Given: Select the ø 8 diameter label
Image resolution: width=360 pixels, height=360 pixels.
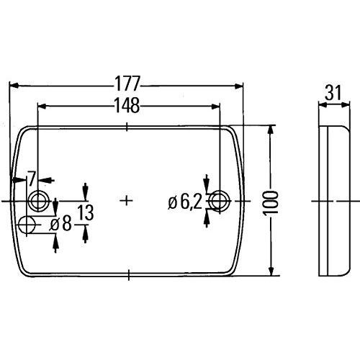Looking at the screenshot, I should pos(60,224).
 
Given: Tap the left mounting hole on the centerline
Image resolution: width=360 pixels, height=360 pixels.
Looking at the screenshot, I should pos(37,199).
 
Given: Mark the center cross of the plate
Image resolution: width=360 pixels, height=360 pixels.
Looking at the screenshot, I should pos(127,200).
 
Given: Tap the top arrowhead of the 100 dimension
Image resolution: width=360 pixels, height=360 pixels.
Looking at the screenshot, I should pos(271,130).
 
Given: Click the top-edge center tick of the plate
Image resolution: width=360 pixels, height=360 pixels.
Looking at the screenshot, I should pos(127,127).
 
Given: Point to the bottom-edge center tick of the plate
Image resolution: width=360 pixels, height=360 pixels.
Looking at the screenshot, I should pos(127,274).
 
